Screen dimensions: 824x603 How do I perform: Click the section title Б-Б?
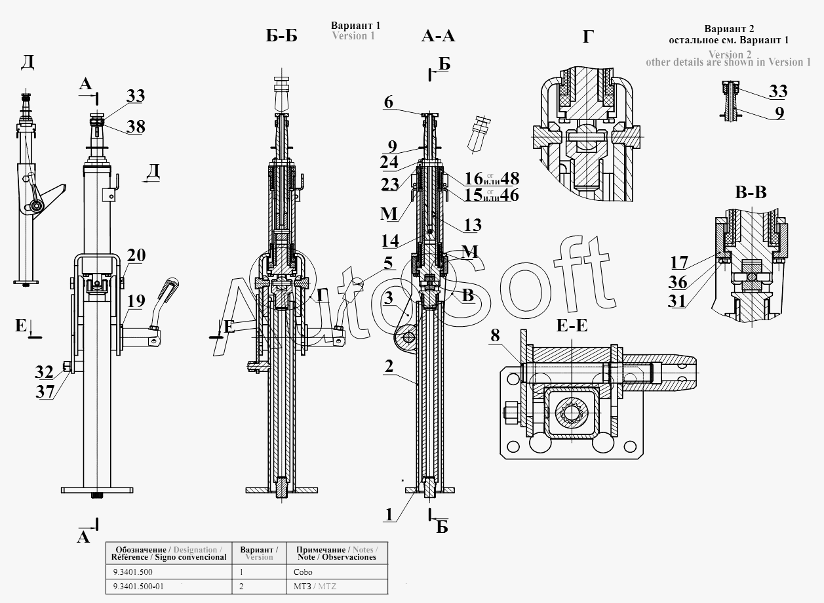pyautogui.click(x=281, y=35)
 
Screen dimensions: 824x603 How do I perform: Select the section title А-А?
pyautogui.click(x=437, y=35)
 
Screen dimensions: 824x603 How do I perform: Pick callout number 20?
pyautogui.click(x=136, y=255)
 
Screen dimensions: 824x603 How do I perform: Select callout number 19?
pyautogui.click(x=136, y=301)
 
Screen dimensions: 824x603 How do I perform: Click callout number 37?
pyautogui.click(x=44, y=392)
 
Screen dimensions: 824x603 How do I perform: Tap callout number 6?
pyautogui.click(x=389, y=102)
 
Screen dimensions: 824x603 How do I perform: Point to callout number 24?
pyautogui.click(x=389, y=161)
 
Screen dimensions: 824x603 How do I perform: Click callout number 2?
pyautogui.click(x=389, y=366)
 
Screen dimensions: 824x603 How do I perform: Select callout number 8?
pyautogui.click(x=494, y=336)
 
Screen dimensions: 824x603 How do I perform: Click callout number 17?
pyautogui.click(x=679, y=262)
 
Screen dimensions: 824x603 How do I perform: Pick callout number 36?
pyautogui.click(x=679, y=282)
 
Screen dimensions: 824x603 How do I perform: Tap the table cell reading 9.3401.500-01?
pyautogui.click(x=138, y=586)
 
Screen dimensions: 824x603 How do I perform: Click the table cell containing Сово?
pyautogui.click(x=303, y=572)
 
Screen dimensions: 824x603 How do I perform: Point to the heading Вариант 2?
pyautogui.click(x=729, y=29)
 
